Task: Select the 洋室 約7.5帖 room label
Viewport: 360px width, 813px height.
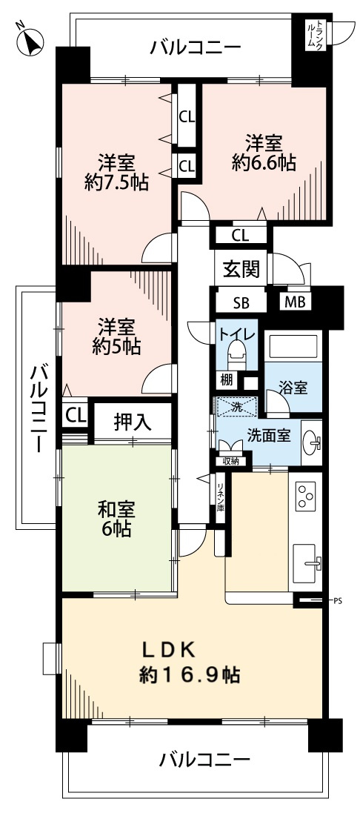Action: coord(116,173)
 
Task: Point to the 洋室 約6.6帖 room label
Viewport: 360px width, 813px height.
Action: coord(264,153)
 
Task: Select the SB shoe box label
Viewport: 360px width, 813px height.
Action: coord(241,302)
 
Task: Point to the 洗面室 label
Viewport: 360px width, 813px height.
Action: coord(268,436)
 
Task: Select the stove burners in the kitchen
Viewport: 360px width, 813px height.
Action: coord(306,496)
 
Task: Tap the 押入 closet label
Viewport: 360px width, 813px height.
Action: coord(133,422)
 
